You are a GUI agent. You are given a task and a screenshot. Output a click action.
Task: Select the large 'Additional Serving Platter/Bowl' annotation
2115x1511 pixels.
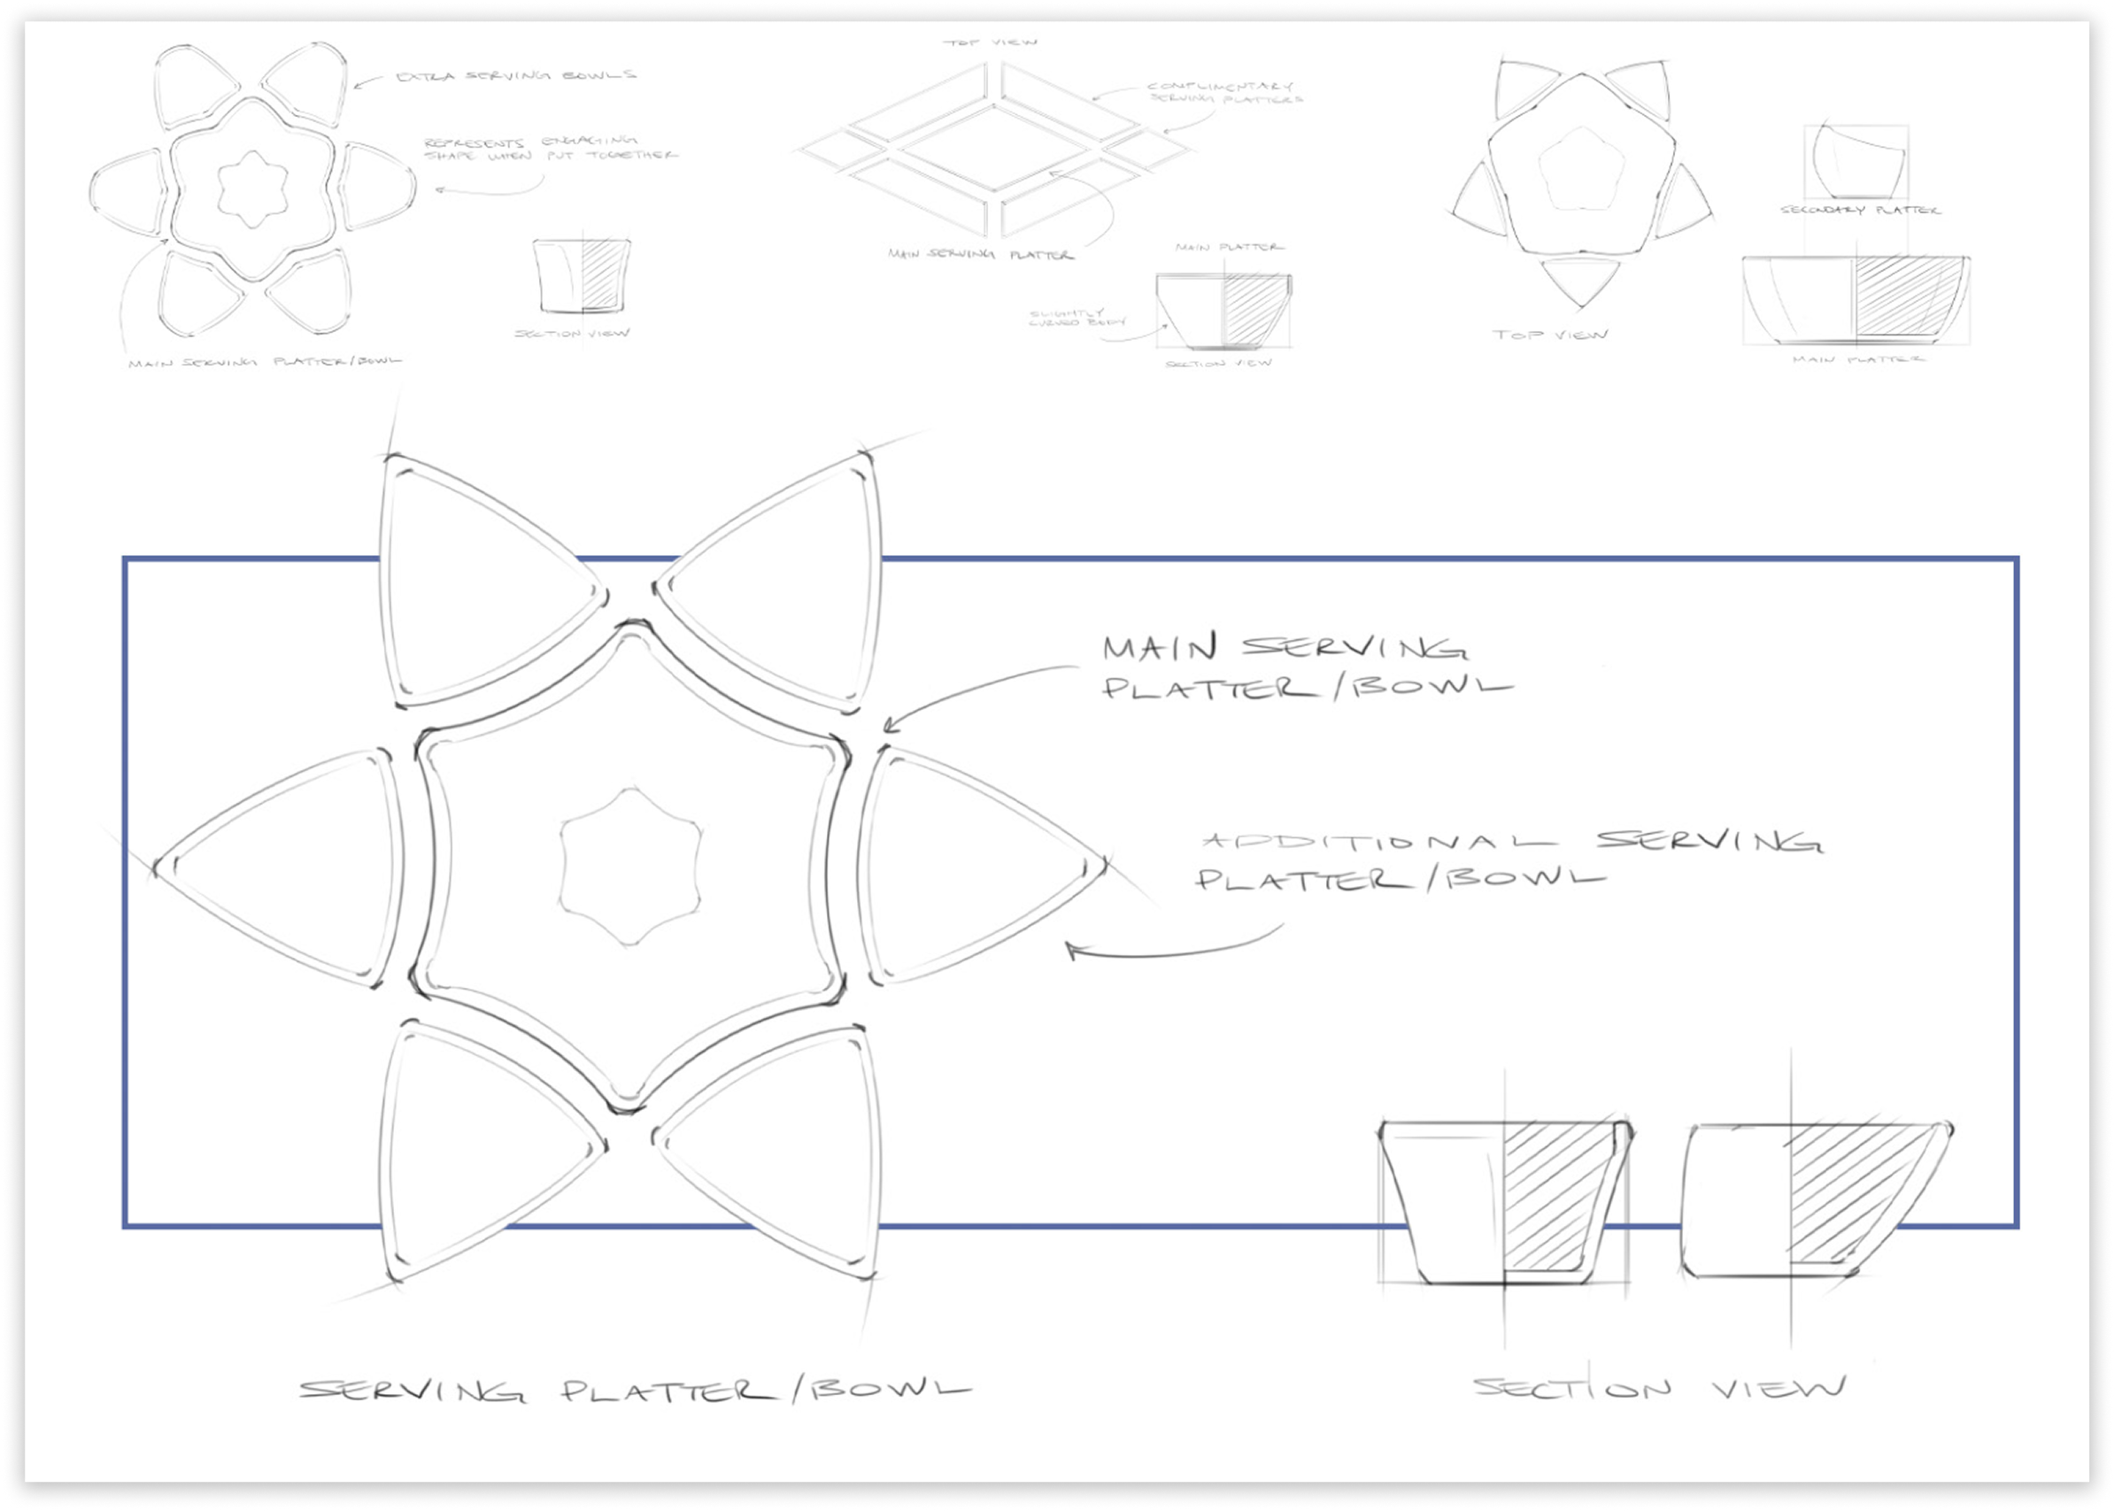coord(1508,860)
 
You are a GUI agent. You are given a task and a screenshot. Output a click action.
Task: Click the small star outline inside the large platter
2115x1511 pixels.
coord(630,867)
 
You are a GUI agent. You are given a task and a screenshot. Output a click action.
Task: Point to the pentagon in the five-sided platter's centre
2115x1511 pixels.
coord(1581,168)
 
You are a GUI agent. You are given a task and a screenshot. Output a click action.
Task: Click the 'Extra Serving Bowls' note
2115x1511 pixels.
coord(516,75)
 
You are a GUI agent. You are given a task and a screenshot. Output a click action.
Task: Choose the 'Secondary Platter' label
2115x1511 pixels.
coord(1859,211)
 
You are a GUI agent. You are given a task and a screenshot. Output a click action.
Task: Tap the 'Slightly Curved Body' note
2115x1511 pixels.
coord(1076,317)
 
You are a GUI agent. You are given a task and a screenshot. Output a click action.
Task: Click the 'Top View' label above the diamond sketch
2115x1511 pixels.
coord(989,42)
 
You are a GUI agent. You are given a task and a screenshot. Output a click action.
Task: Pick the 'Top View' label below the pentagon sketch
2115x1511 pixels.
coord(1550,334)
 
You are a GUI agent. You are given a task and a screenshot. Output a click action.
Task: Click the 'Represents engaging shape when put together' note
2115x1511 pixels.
coord(549,149)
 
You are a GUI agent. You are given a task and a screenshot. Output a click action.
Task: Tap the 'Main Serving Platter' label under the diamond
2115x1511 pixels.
coord(980,254)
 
